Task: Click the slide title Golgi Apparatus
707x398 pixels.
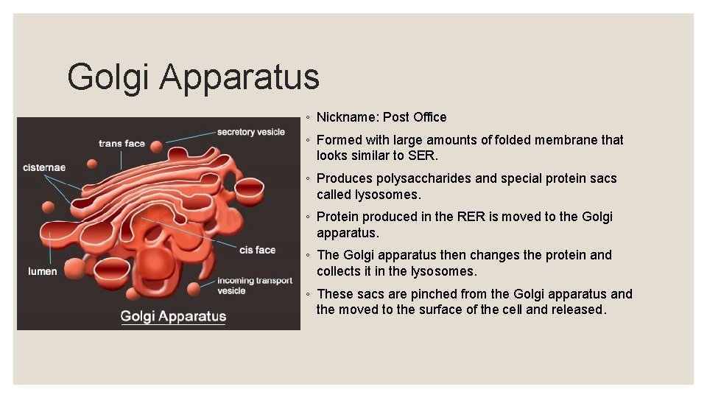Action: pyautogui.click(x=193, y=77)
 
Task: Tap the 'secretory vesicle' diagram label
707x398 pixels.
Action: pyautogui.click(x=250, y=132)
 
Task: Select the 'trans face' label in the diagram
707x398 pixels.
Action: pyautogui.click(x=122, y=143)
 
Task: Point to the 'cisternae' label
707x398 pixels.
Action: pyautogui.click(x=44, y=167)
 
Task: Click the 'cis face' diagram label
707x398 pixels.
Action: pyautogui.click(x=257, y=250)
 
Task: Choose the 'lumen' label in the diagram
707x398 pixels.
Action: pyautogui.click(x=43, y=271)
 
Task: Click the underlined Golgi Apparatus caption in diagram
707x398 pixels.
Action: pyautogui.click(x=173, y=316)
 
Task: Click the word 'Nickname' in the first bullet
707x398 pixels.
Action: pyautogui.click(x=347, y=117)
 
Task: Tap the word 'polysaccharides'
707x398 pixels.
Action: pyautogui.click(x=423, y=178)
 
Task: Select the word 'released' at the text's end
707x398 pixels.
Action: pyautogui.click(x=578, y=310)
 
